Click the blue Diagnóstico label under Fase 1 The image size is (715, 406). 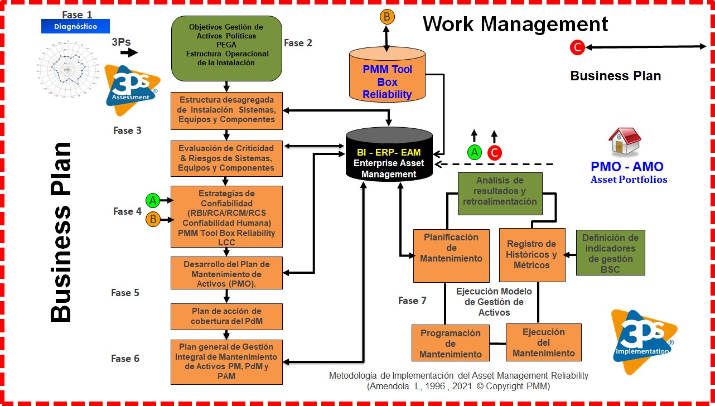(x=75, y=26)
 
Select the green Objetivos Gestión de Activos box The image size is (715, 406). (x=226, y=49)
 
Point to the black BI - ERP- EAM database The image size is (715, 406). (x=389, y=156)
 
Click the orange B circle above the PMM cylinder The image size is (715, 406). (x=387, y=17)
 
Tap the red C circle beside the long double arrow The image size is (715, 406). (x=577, y=48)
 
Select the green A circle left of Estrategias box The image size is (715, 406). (x=152, y=200)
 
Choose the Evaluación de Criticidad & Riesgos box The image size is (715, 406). (x=226, y=158)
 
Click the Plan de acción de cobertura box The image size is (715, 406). (x=226, y=316)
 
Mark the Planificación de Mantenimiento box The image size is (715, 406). (x=443, y=255)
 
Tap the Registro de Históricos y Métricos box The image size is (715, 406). (x=531, y=255)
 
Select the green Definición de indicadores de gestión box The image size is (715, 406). (x=610, y=253)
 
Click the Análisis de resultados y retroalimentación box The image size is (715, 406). (x=500, y=194)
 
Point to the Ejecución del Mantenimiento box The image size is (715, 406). (x=543, y=342)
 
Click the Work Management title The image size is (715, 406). (x=515, y=24)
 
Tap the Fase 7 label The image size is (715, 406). (x=412, y=301)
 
